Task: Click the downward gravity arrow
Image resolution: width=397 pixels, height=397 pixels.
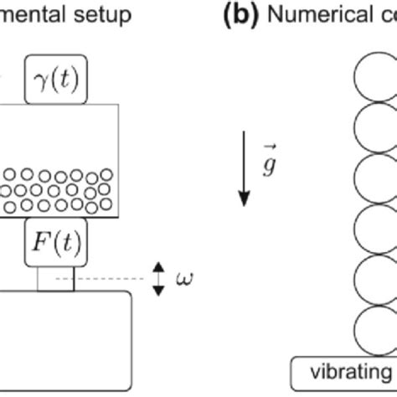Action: click(x=245, y=168)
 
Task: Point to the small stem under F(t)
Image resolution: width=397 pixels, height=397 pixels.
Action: click(x=55, y=279)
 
